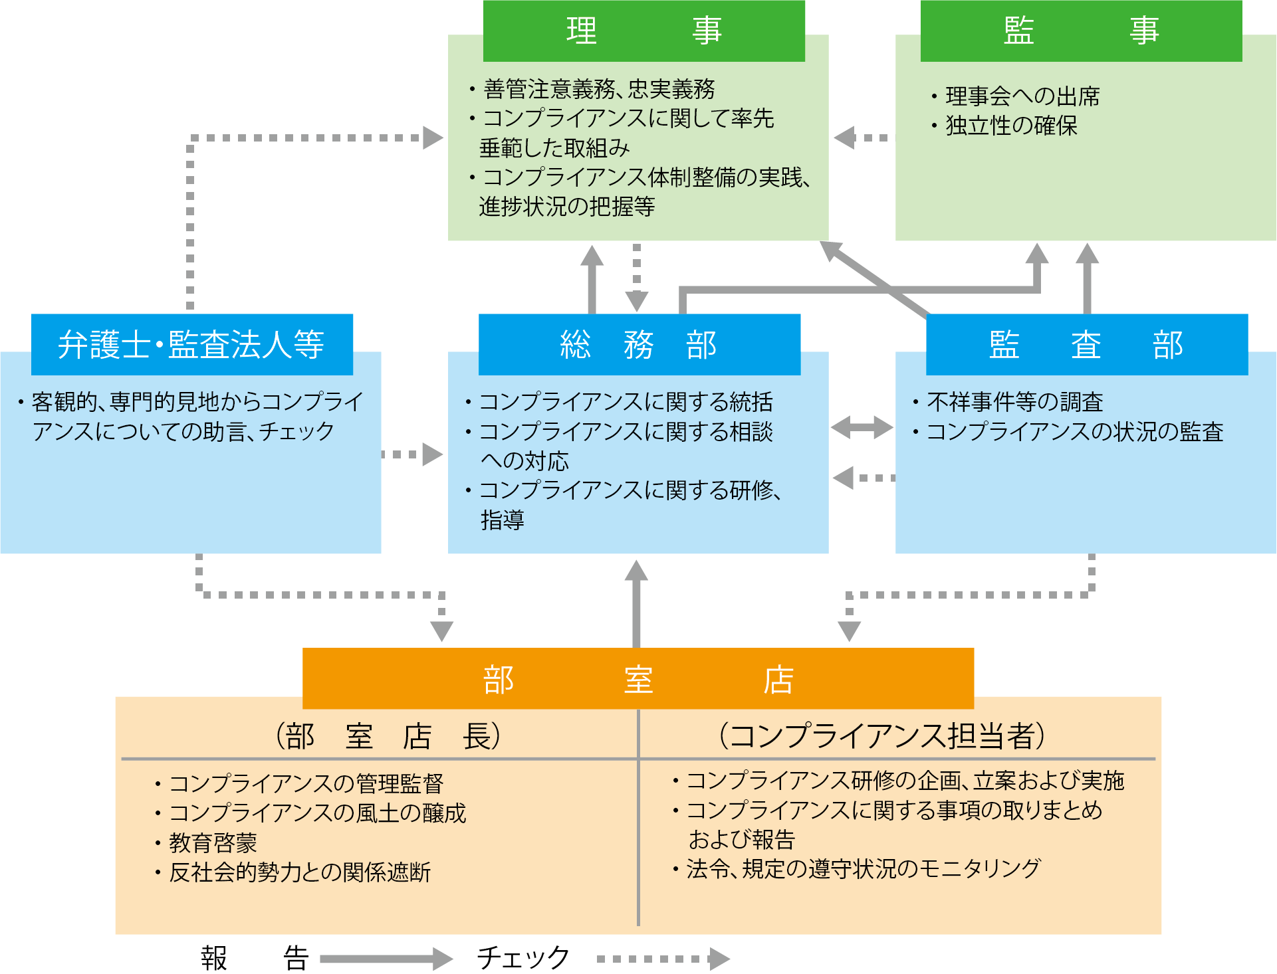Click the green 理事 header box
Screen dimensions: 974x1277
643,31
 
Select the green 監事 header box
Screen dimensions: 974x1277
1081,31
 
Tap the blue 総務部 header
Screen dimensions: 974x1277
639,344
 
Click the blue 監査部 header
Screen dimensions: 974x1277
1086,344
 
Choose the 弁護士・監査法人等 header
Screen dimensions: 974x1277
191,344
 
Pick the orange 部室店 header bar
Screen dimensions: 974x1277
638,679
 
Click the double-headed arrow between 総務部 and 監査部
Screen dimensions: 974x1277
862,427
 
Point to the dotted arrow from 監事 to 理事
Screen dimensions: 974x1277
861,138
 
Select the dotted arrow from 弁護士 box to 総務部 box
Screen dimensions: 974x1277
413,454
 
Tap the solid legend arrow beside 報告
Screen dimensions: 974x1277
386,958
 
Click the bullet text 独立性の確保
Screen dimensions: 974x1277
1010,126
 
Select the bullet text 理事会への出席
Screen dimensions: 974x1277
1022,96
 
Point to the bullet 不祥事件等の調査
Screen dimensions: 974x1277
1014,402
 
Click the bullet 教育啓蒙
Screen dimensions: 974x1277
213,842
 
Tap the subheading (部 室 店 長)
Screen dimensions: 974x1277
388,736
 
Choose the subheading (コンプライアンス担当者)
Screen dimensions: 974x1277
881,736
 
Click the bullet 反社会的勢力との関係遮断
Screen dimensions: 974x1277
299,872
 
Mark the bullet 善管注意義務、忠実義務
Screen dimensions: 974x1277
598,89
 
